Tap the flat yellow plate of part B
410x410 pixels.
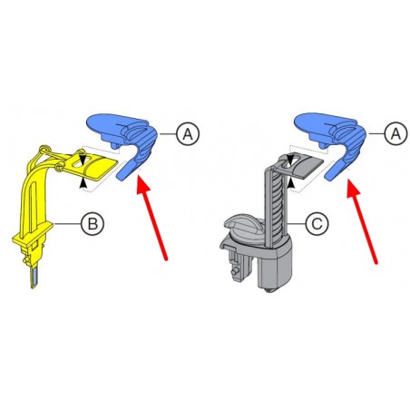click(96, 168)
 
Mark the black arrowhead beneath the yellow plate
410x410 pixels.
click(83, 182)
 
